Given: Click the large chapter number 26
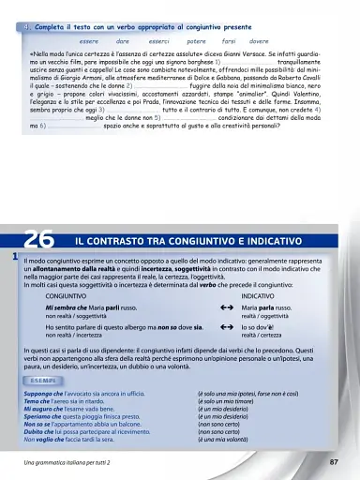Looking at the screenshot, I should tap(40, 242).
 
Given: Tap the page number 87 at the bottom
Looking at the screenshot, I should tap(335, 463).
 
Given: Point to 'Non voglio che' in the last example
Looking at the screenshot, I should tap(47, 439).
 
